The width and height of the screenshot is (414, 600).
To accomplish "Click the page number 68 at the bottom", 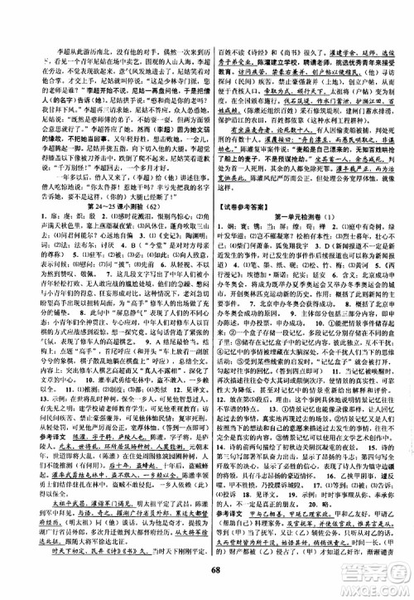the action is (206, 589).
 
